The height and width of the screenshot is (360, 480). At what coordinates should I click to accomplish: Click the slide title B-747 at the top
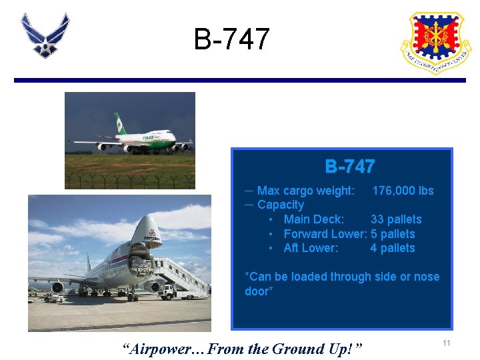coord(231,39)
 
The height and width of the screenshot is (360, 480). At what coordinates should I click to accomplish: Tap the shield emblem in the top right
coord(435,41)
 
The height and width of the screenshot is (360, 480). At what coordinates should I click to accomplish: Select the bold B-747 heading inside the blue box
coord(349,167)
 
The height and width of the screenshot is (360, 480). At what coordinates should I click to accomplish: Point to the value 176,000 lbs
coord(403,191)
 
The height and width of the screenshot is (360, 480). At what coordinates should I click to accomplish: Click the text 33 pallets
coord(396,219)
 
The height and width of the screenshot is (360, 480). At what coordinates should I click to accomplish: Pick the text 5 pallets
coord(393,234)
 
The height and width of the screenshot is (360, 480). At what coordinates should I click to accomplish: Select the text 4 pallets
coord(393,248)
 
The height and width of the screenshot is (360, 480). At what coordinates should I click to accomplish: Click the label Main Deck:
coord(314,219)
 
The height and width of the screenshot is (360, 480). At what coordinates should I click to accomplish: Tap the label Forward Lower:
coord(325,234)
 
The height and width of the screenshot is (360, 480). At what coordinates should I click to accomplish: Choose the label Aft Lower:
coord(311,248)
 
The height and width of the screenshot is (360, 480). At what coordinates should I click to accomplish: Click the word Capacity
coord(281,205)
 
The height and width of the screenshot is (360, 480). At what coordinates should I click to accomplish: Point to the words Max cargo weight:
coord(306,191)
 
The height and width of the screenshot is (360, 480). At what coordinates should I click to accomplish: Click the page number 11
coord(447,343)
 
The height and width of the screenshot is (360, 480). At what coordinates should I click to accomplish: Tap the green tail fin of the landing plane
coord(120,124)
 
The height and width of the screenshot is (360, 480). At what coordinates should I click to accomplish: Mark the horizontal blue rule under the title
coord(240,80)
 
